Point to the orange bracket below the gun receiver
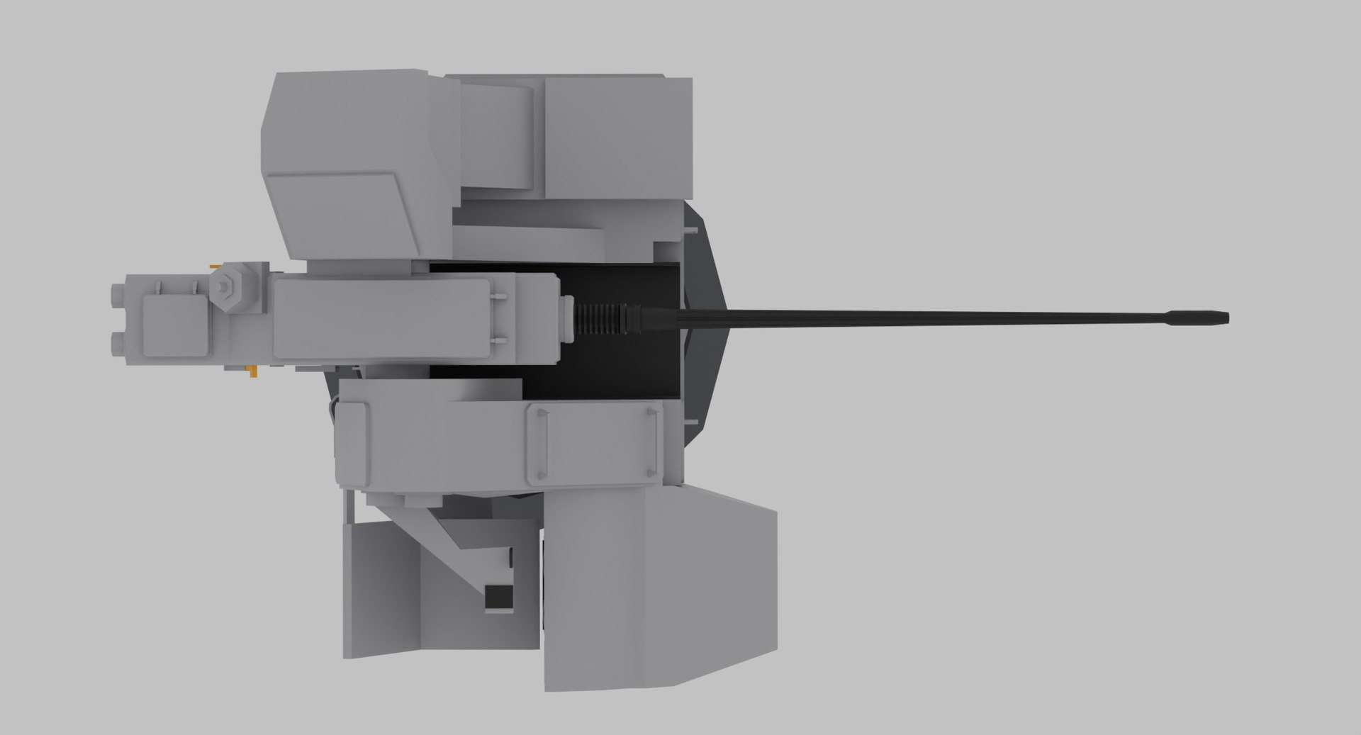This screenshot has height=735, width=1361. [252, 370]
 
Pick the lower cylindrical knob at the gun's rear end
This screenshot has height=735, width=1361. [117, 344]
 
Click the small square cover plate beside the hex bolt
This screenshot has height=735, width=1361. [173, 325]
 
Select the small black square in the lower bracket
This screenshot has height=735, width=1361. [498, 578]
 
